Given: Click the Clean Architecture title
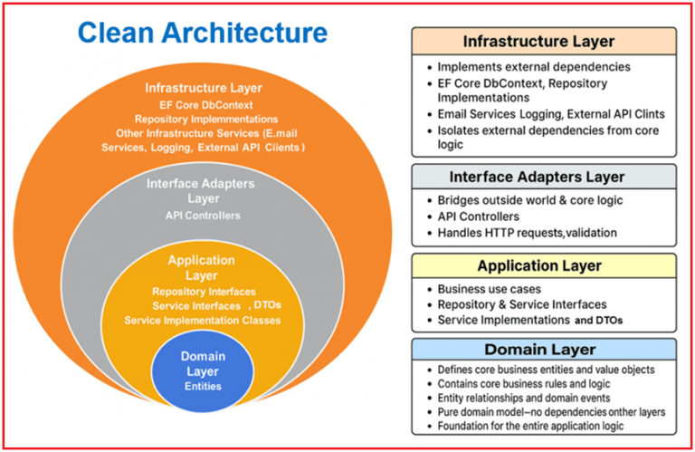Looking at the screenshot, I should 202,33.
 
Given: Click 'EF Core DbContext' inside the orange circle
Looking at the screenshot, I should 202,104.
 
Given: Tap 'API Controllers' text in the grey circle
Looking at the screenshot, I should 202,216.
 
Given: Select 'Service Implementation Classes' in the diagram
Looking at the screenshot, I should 202,320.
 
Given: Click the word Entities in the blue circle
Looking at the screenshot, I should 203,387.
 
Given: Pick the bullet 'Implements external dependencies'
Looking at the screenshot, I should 534,67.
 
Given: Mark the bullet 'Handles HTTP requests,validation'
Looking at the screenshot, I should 527,233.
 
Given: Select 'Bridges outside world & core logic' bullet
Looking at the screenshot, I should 535,199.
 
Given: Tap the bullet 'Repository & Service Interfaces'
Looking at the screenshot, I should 522,304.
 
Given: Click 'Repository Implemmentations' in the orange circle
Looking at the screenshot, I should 203,119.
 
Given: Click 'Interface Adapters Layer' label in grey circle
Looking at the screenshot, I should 202,190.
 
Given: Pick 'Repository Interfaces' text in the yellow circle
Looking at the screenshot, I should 202,292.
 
